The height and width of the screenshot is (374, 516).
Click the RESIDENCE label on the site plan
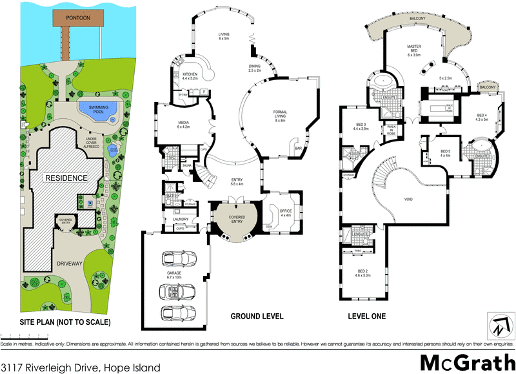(66, 177)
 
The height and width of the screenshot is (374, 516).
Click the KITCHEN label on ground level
(190, 77)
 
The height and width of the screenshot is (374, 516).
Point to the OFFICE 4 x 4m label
(286, 213)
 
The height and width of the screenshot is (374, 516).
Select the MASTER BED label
(413, 50)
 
